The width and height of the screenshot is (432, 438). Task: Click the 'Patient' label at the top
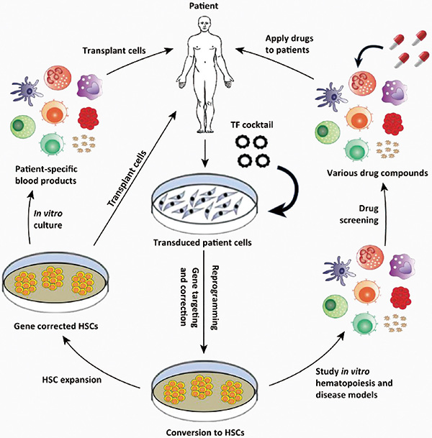[x=204, y=6]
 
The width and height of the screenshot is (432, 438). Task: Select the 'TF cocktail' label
[x=252, y=125]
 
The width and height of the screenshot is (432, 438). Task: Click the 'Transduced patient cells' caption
[x=202, y=242]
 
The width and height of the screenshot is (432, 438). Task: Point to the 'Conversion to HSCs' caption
[x=205, y=432]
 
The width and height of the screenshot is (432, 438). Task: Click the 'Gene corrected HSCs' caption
[x=56, y=326]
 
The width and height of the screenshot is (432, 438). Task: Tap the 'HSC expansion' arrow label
[x=72, y=380]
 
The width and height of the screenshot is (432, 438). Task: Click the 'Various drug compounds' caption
[x=377, y=173]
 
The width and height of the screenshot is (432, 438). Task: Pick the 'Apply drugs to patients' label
[x=289, y=44]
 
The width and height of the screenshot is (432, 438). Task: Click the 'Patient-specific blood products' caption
[x=46, y=175]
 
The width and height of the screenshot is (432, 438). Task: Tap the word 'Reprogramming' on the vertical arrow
[x=215, y=298]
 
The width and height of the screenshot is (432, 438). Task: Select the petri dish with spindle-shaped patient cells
[x=204, y=206]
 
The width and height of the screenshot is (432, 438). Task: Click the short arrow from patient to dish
[x=205, y=153]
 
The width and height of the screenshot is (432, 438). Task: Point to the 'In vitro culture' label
[x=48, y=219]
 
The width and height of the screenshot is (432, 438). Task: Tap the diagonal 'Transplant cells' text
[x=127, y=179]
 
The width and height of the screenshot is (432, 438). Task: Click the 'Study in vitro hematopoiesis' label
[x=354, y=383]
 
